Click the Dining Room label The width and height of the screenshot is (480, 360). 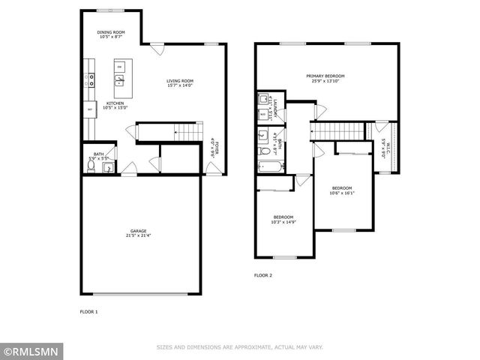tap(110, 32)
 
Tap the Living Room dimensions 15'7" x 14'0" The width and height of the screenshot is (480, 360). tap(180, 85)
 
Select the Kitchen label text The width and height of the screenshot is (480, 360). tap(114, 103)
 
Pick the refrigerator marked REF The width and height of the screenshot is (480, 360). tap(90, 110)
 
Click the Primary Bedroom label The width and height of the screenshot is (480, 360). tap(326, 76)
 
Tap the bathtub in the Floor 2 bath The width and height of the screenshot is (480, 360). tap(268, 166)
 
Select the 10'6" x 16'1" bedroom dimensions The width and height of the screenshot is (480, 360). tap(341, 192)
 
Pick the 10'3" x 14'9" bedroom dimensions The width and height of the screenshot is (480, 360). tap(284, 221)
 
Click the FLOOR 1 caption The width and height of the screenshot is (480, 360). tap(88, 310)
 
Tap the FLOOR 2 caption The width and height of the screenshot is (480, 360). tap(262, 275)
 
